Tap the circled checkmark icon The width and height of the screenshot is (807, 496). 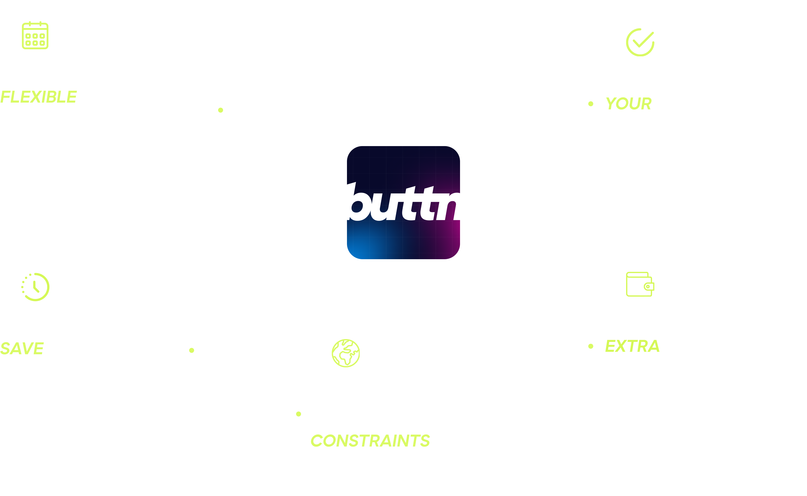640,42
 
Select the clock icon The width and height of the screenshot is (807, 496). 35,287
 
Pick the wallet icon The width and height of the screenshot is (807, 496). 640,284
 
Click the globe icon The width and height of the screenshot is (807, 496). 346,353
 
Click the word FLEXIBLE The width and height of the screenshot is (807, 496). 38,97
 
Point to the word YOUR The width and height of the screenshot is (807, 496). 628,104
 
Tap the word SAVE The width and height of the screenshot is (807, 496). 22,348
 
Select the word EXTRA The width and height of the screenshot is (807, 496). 632,346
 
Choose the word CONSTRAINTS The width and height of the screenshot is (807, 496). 370,441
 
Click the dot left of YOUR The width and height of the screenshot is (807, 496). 591,104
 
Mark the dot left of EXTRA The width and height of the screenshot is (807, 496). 591,346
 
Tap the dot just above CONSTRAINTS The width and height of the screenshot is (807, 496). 298,414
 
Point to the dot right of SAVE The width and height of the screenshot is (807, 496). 192,350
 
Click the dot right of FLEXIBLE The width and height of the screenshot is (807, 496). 221,110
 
